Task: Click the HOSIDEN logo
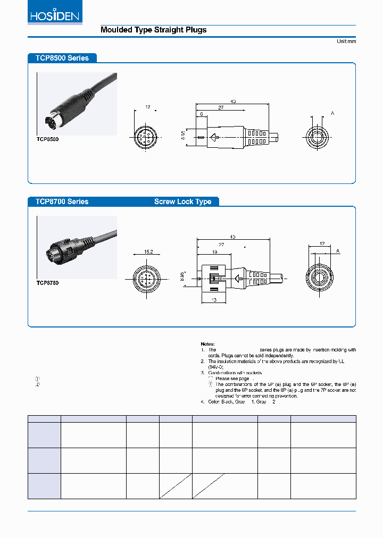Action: [x=53, y=15]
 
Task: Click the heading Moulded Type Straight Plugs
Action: [x=153, y=30]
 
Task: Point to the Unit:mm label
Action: [x=346, y=41]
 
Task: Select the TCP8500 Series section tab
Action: [x=62, y=58]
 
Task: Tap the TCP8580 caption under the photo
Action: [x=47, y=138]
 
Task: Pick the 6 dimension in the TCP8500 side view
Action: [x=202, y=114]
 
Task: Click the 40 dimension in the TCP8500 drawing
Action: [x=233, y=101]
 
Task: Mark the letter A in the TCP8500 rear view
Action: [x=332, y=113]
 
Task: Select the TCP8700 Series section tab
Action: [x=62, y=201]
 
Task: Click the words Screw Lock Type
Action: [x=182, y=201]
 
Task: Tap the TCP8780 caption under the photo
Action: [x=47, y=283]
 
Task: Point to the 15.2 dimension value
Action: [x=149, y=252]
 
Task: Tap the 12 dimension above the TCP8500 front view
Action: [x=148, y=107]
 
